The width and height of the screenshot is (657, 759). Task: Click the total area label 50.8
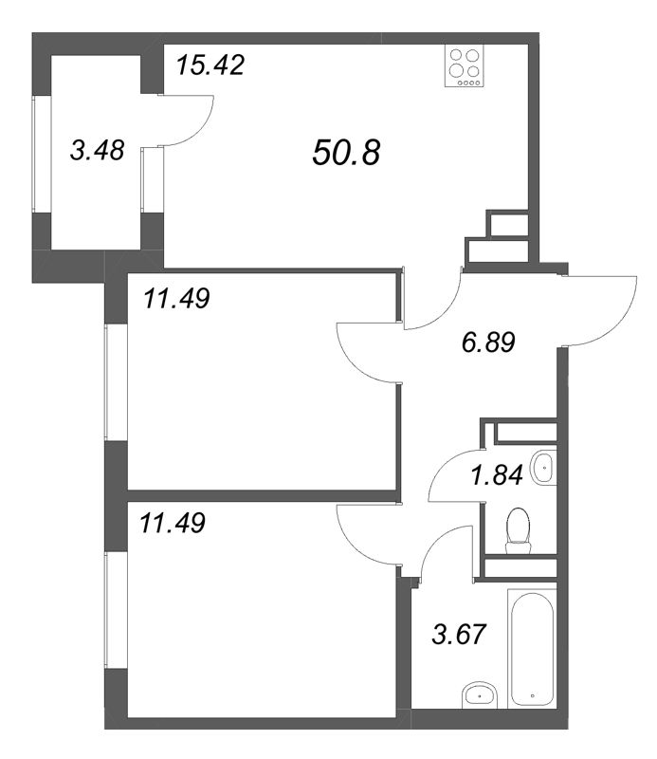(x=345, y=152)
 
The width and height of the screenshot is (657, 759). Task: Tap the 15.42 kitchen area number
(x=210, y=66)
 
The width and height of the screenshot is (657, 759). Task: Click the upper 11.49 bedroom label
(x=176, y=299)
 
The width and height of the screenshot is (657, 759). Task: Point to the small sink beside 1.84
(x=544, y=467)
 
